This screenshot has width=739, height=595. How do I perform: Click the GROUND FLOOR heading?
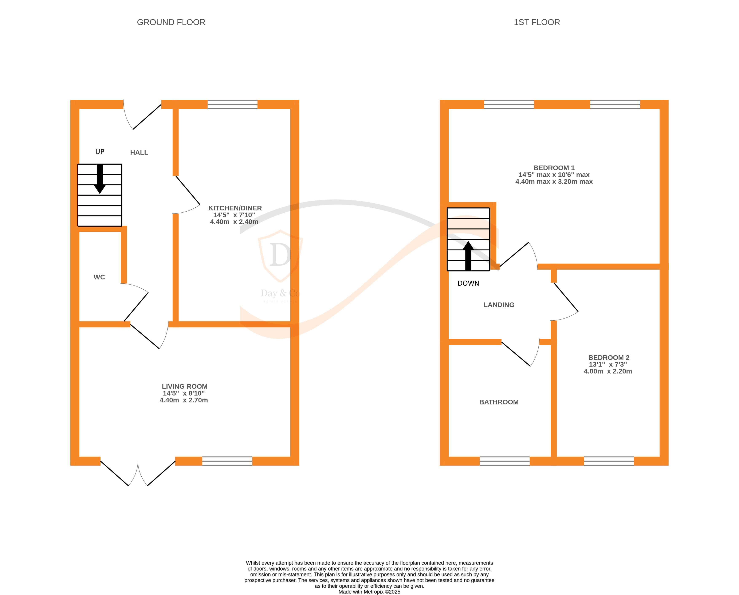coord(171,22)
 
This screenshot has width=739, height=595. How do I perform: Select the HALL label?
coord(139,153)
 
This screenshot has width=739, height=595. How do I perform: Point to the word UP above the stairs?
coord(100,152)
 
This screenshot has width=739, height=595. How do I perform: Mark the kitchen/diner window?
coord(232,104)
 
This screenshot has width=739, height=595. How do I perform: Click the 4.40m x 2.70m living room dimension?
coord(184,400)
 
